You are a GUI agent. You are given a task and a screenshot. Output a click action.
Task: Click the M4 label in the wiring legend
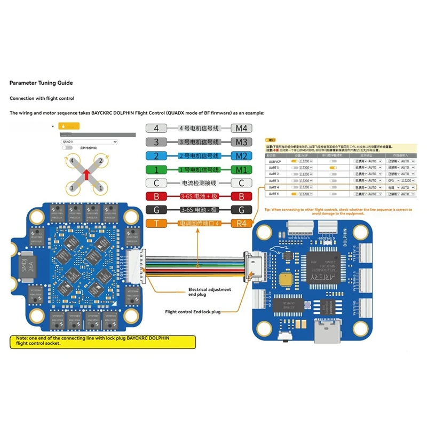241,129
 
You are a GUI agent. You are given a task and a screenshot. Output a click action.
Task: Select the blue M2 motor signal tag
241,156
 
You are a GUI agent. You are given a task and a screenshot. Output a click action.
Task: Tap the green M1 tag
241,170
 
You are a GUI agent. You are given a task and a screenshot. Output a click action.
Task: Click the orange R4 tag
241,224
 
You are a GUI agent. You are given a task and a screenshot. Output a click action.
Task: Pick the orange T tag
156,224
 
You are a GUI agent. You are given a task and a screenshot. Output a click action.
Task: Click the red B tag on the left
156,197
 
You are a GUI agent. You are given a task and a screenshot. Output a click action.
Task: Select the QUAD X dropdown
89,141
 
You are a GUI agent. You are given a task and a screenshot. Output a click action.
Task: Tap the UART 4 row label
274,187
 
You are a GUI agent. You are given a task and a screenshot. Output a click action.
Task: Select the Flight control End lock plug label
192,311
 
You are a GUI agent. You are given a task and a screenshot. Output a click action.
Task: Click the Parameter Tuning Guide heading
41,83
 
